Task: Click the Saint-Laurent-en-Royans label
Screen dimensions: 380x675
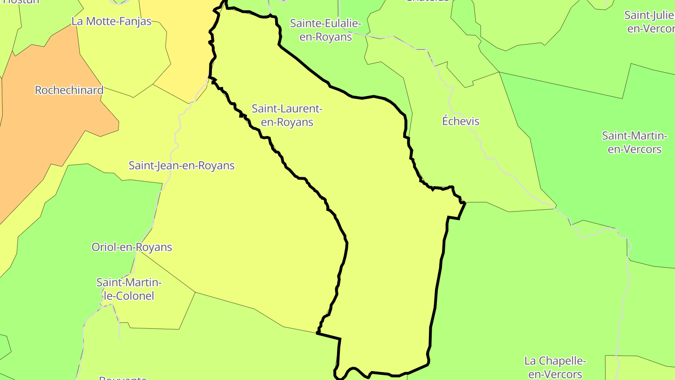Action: click(287, 115)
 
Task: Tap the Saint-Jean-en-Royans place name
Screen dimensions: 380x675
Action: click(181, 166)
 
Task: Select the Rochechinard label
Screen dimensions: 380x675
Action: click(69, 90)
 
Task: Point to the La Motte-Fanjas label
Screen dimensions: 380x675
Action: click(112, 22)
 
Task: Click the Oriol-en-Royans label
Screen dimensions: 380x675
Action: click(132, 247)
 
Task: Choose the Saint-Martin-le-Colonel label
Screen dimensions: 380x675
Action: click(128, 289)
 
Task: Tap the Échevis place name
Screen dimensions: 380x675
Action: click(461, 122)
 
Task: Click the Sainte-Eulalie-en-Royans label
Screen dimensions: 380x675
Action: click(325, 30)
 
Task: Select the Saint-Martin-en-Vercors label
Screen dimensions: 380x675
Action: click(634, 143)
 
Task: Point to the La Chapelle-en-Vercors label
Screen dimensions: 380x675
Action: click(555, 367)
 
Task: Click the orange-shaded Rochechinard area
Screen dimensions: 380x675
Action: click(42, 141)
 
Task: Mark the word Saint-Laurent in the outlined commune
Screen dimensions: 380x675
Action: click(287, 109)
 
